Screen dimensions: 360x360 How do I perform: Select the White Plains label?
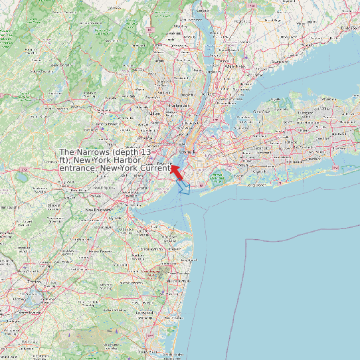point(233,66)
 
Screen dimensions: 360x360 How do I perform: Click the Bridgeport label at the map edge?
point(350,28)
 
